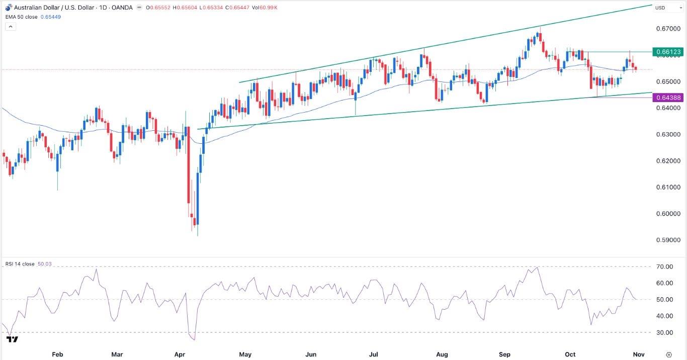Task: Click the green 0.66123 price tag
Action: point(667,52)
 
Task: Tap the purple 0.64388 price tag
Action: point(667,98)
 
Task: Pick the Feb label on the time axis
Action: point(57,354)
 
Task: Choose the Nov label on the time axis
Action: point(638,354)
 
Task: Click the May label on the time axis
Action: point(245,354)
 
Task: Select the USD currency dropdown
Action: point(660,8)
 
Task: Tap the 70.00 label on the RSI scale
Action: point(665,266)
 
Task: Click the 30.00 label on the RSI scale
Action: point(665,332)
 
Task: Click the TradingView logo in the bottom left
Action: point(12,339)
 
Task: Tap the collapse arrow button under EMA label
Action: point(11,26)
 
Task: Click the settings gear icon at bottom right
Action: point(668,354)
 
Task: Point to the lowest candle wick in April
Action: point(198,234)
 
